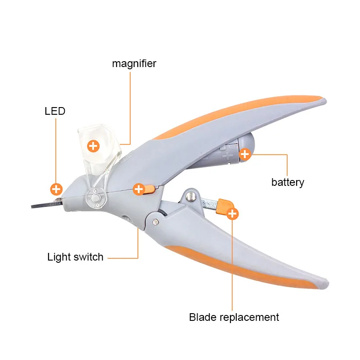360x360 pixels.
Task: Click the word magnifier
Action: (x=134, y=63)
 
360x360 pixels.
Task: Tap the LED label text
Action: (x=55, y=111)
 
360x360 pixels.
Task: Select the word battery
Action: (x=288, y=183)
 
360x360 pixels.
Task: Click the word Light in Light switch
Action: (x=59, y=257)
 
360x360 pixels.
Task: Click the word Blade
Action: (x=203, y=317)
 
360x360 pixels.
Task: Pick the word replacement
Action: (x=249, y=318)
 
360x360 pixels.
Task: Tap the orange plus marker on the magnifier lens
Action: (x=93, y=146)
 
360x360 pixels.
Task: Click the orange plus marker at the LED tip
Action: (x=56, y=189)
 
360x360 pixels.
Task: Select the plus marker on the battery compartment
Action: (x=245, y=154)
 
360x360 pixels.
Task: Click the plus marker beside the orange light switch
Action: (x=139, y=189)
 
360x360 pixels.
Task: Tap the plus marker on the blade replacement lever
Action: (x=233, y=214)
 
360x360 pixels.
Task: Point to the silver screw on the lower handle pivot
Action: (x=156, y=221)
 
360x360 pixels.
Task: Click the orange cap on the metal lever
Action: (x=224, y=206)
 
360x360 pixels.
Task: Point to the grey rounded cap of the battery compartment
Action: (x=246, y=148)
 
